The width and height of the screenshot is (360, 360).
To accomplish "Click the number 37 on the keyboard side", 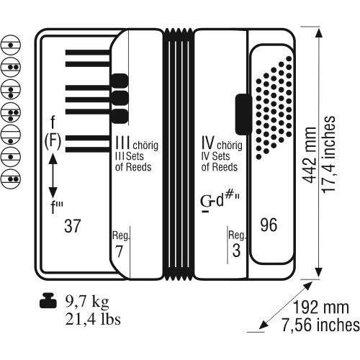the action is [x=72, y=225].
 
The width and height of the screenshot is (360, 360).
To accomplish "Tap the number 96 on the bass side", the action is [x=269, y=225].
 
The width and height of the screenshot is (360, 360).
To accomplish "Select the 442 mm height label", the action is [x=309, y=155].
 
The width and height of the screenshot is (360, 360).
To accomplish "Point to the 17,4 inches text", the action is [x=328, y=154].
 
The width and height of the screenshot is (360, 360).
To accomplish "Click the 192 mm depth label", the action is [x=321, y=307].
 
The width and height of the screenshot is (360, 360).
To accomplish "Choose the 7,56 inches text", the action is [x=320, y=325].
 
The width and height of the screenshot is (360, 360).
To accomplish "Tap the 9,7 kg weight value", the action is [x=87, y=302].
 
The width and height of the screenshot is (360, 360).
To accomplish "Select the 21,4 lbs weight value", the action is [x=93, y=319].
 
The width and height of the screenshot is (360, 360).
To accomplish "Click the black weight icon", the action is [x=48, y=300].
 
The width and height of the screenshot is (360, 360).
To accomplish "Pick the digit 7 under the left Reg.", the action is [x=119, y=251].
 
